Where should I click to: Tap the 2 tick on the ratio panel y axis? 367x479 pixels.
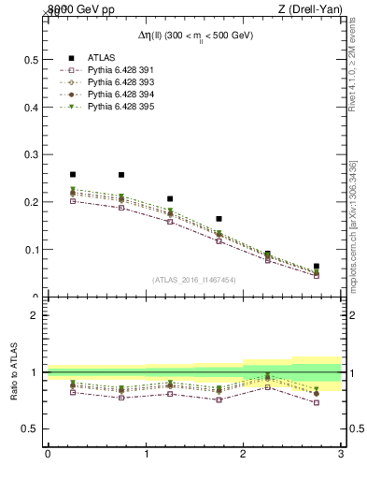click(x=34, y=315)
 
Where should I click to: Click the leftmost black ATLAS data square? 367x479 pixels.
click(x=72, y=174)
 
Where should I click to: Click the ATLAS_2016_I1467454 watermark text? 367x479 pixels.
click(x=194, y=280)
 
